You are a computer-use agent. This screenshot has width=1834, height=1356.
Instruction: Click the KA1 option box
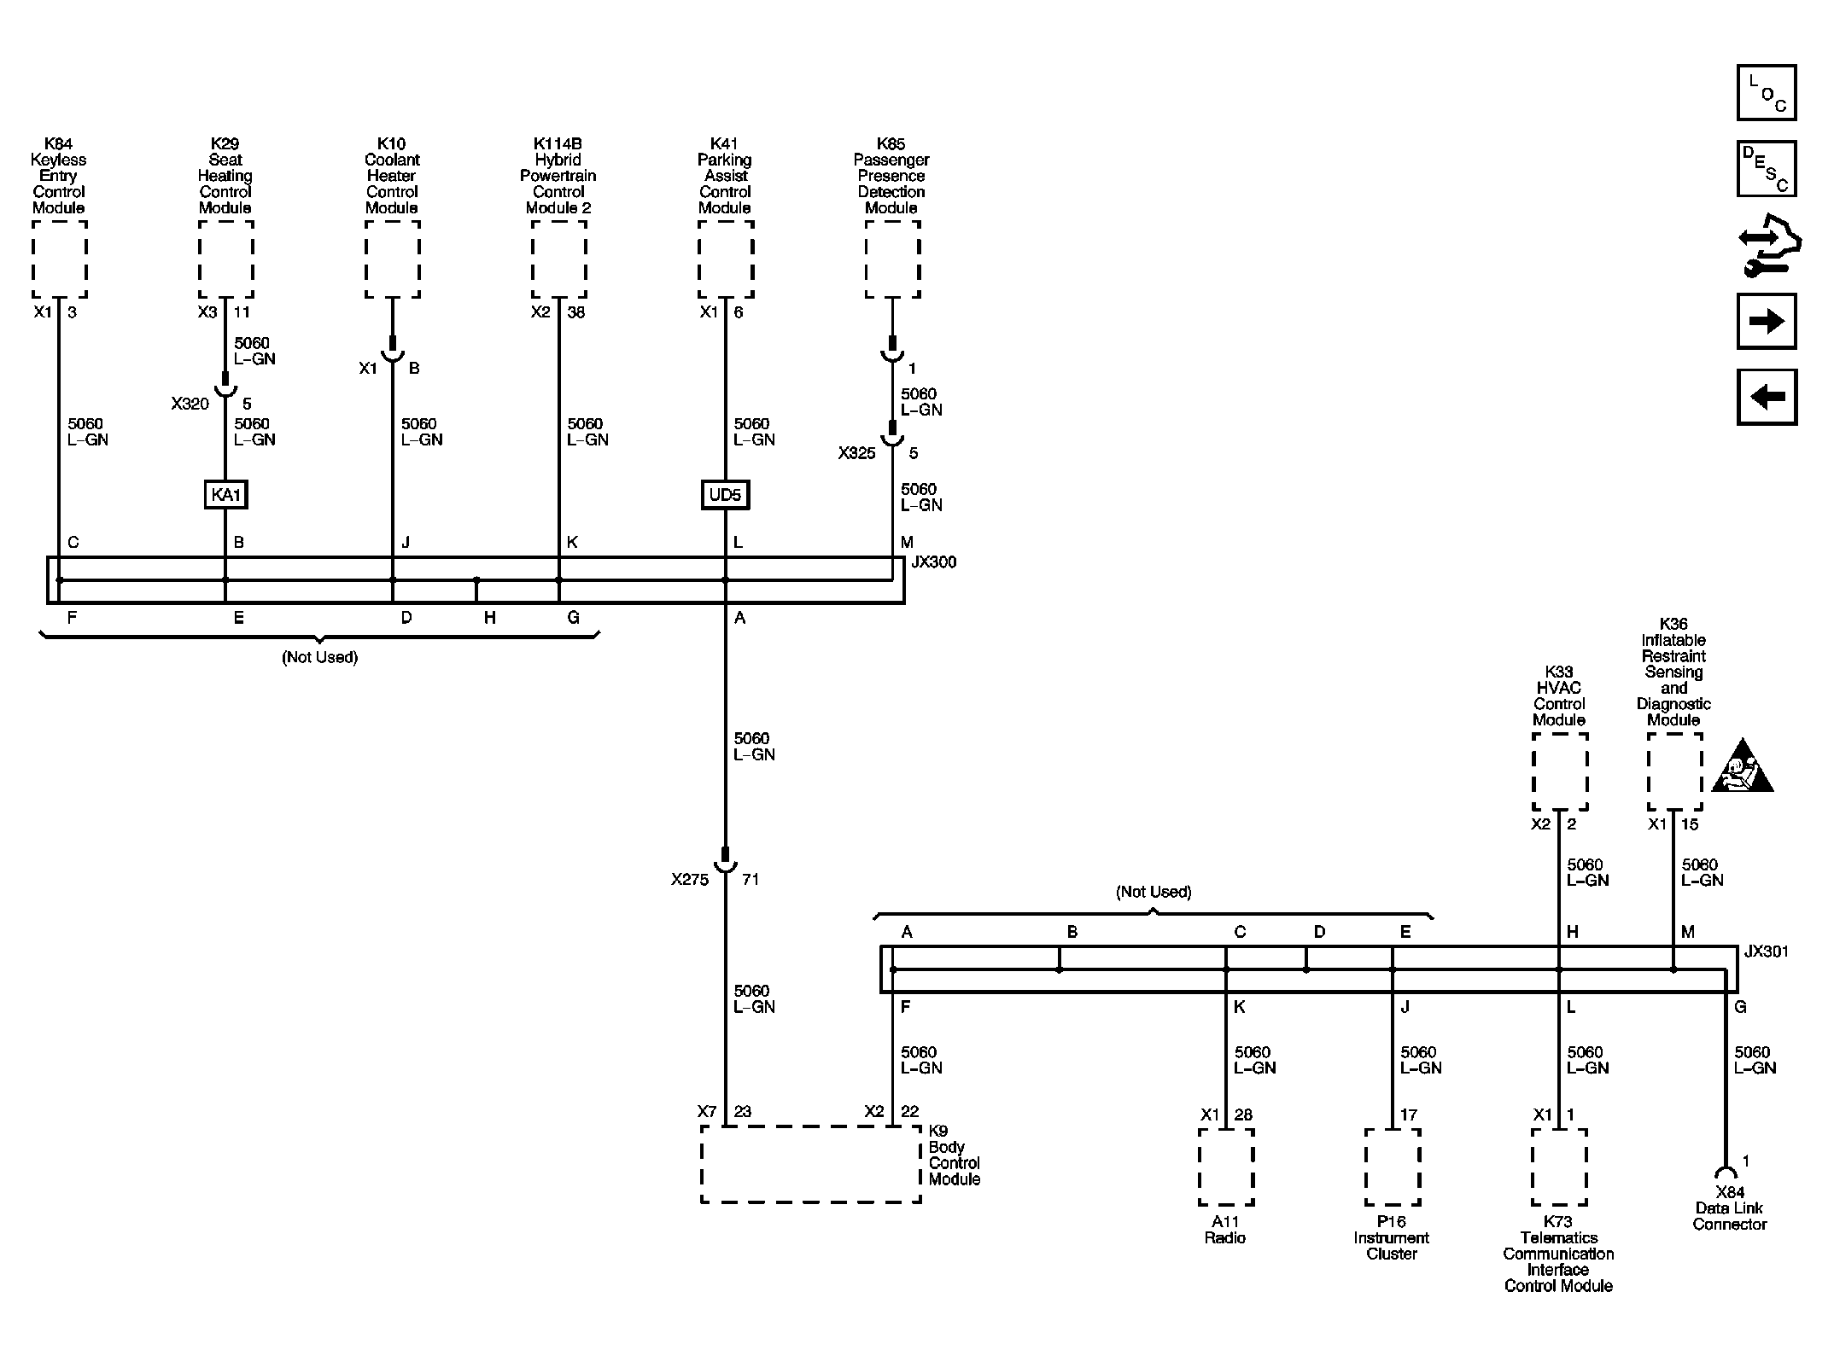point(225,495)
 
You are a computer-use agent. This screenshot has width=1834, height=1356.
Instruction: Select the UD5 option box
point(725,495)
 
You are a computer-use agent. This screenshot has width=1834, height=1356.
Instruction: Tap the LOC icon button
point(1767,92)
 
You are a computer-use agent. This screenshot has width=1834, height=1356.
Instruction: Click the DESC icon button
point(1767,168)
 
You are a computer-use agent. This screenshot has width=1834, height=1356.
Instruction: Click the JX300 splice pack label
point(933,562)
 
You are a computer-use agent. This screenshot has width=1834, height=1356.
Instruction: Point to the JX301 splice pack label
point(1766,952)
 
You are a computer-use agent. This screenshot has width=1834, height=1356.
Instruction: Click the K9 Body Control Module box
point(810,1164)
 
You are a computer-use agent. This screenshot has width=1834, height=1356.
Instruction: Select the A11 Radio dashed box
point(1225,1167)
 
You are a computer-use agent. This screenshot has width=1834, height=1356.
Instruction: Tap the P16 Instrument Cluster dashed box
point(1392,1167)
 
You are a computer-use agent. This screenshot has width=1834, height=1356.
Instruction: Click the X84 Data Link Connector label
point(1729,1208)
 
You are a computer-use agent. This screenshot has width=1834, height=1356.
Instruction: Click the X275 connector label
point(690,880)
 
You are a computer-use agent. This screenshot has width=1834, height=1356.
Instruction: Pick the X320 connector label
point(190,404)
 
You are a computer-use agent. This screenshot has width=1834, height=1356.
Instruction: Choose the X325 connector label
point(856,453)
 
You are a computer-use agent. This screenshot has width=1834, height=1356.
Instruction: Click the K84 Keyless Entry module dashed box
point(59,259)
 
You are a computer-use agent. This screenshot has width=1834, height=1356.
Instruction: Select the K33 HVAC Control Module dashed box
point(1559,771)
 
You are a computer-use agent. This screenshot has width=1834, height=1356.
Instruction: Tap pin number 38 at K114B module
point(576,312)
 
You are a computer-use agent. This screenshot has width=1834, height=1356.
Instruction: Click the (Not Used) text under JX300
point(319,657)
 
